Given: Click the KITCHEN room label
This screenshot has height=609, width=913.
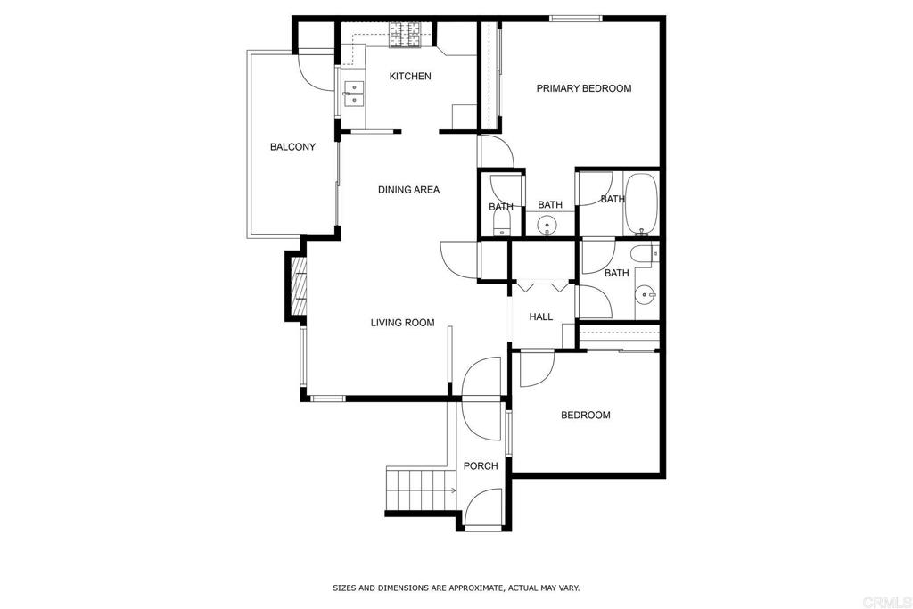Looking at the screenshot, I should click(410, 77).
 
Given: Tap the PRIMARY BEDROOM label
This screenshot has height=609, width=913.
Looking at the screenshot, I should click(583, 88).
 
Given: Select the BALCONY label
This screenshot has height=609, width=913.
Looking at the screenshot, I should click(292, 147).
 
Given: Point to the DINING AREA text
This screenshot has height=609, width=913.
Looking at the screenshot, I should click(408, 189).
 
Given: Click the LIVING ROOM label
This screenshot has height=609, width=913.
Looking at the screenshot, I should click(402, 323).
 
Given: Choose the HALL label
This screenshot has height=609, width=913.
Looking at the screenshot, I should click(540, 317).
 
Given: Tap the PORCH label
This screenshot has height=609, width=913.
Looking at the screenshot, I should click(481, 465).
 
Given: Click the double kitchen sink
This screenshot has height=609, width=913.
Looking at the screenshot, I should click(355, 94).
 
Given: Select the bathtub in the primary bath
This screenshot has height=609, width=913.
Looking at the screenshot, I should click(640, 202).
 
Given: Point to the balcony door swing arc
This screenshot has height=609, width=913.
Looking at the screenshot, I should click(317, 70).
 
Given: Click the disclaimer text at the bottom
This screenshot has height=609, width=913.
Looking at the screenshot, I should click(456, 588).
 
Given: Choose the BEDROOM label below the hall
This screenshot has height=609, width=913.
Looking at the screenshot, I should click(585, 415).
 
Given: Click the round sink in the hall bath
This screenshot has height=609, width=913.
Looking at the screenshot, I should click(645, 293).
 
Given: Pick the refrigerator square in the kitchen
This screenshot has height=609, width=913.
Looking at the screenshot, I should click(465, 117).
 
